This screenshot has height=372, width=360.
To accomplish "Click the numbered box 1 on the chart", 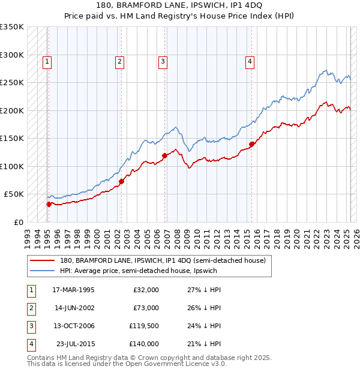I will coord(47,61).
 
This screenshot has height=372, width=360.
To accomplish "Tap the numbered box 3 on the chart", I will coord(163,61).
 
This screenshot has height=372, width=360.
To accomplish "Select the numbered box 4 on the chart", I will coord(249,61).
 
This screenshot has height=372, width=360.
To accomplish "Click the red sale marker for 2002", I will coord(121,181).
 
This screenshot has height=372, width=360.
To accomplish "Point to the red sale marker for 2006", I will coord(164,155).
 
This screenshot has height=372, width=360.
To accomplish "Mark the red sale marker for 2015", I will coord(252,144).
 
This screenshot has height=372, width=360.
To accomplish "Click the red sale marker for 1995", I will coord(49,204).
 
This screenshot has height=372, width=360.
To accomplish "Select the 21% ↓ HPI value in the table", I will coord(203,344).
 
